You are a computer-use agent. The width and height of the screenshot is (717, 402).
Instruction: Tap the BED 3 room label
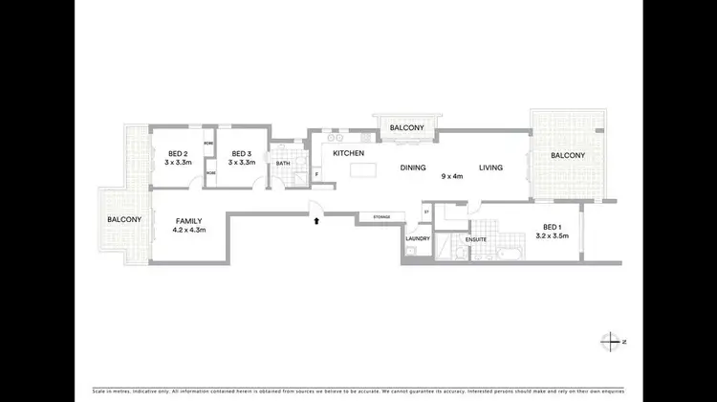tap(240, 154)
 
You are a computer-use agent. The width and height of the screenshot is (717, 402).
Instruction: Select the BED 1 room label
tap(553, 226)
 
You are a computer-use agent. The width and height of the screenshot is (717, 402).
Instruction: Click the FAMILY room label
tap(188, 221)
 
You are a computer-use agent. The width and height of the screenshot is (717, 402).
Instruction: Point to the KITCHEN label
tap(348, 153)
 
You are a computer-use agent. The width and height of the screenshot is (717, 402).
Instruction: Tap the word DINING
tap(413, 167)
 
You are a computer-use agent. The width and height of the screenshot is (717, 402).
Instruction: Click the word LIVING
tap(491, 167)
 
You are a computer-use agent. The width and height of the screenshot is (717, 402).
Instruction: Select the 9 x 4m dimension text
tap(451, 176)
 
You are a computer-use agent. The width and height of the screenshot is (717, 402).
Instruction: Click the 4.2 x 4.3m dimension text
tap(188, 231)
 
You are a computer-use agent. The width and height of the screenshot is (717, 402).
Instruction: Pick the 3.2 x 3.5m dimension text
tap(553, 235)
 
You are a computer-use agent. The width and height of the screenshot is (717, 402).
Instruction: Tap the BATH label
tap(283, 164)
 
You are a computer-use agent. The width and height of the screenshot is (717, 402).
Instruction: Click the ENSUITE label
tap(477, 238)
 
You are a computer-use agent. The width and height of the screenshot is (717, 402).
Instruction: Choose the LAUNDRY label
tap(418, 238)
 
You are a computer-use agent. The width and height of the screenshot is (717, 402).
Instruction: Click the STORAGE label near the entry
tap(381, 218)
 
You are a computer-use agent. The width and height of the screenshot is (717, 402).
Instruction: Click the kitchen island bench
tap(364, 171)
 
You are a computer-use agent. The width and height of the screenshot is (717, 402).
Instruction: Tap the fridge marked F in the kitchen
tap(316, 174)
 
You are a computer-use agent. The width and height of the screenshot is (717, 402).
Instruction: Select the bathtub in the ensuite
tap(503, 255)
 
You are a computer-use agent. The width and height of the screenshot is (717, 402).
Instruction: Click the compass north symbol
tap(611, 342)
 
